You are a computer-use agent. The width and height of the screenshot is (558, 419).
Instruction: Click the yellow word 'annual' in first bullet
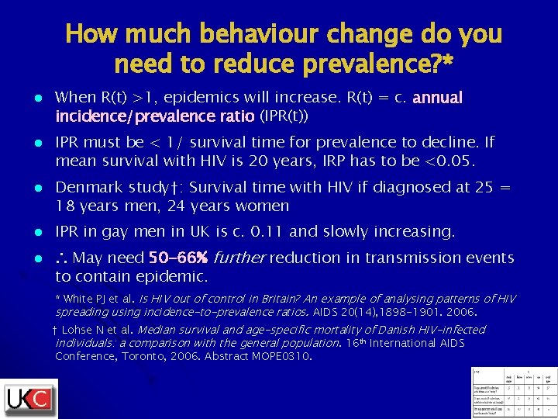(438, 98)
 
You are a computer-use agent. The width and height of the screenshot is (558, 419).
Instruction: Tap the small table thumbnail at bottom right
(512, 392)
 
